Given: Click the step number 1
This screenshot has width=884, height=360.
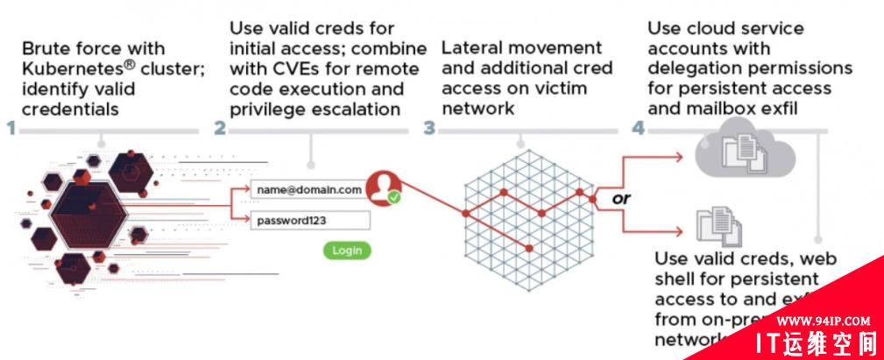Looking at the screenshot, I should click(11, 129).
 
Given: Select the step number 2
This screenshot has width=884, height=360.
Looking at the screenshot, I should click(220, 129).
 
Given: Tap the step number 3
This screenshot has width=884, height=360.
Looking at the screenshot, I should click(429, 129).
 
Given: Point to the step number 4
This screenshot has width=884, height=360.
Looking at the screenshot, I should click(639, 129).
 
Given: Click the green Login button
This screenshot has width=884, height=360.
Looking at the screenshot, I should click(346, 251).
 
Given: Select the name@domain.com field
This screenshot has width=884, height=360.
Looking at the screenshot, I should click(309, 189).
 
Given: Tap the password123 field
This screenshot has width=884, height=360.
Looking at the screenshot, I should click(309, 221).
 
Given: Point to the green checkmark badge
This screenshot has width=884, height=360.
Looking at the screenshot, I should click(394, 197).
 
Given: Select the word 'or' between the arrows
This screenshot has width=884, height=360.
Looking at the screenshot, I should click(621, 199).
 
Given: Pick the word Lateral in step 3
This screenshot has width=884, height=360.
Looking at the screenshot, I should click(471, 48).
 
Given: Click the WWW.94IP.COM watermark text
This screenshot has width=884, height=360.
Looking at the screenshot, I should click(823, 321).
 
